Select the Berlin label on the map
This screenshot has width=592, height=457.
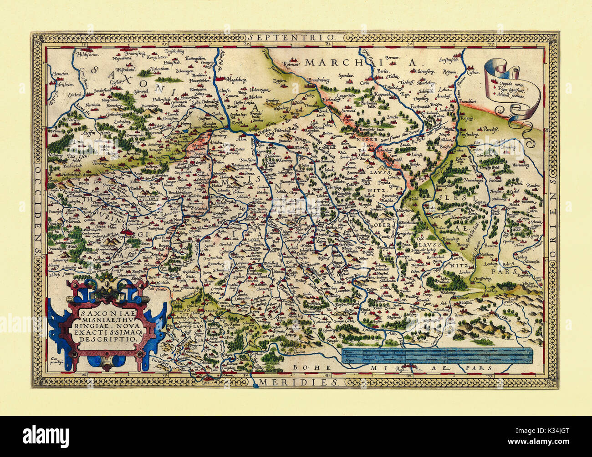381,72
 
